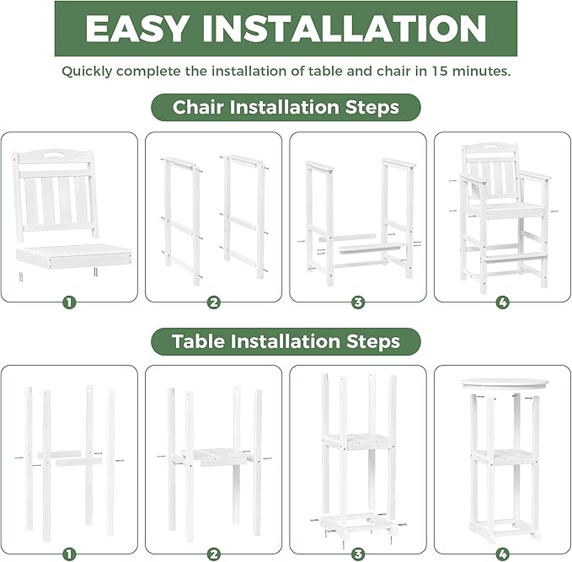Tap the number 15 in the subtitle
(442, 71)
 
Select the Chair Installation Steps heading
(286, 108)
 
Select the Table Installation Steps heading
(286, 341)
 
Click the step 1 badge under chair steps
(69, 302)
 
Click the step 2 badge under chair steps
(214, 302)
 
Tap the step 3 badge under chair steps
(358, 302)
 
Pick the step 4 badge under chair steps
(502, 302)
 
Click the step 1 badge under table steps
(69, 554)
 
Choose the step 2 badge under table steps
(214, 554)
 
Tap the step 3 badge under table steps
(358, 554)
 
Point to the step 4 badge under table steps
(502, 554)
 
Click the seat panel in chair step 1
(74, 252)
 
